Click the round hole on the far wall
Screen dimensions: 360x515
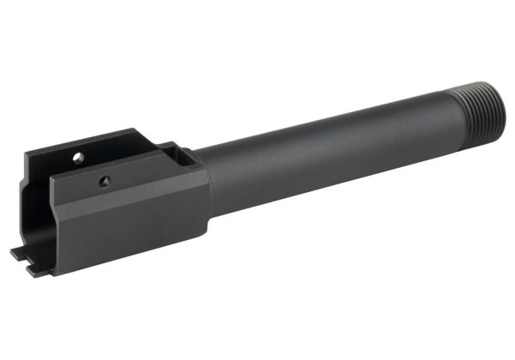pos(78,158)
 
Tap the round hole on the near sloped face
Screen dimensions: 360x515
pos(104,180)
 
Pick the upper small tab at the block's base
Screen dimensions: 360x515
pos(18,251)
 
